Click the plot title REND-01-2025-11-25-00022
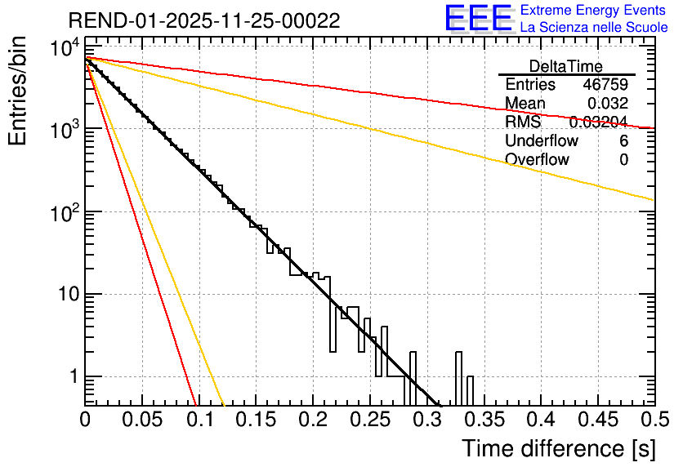pyautogui.click(x=204, y=20)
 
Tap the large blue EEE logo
pyautogui.click(x=479, y=18)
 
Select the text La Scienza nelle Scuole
pyautogui.click(x=594, y=28)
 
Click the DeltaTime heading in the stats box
pyautogui.click(x=566, y=66)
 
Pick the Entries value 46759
pyautogui.click(x=605, y=85)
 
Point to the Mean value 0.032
pyautogui.click(x=608, y=104)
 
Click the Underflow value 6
pyautogui.click(x=623, y=141)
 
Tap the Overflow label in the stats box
pyautogui.click(x=537, y=160)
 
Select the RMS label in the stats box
pyautogui.click(x=523, y=122)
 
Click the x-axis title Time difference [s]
pyautogui.click(x=557, y=448)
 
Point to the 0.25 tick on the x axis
pyautogui.click(x=368, y=420)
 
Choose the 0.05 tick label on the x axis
pyautogui.click(x=141, y=420)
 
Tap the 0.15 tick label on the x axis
pyautogui.click(x=255, y=420)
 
